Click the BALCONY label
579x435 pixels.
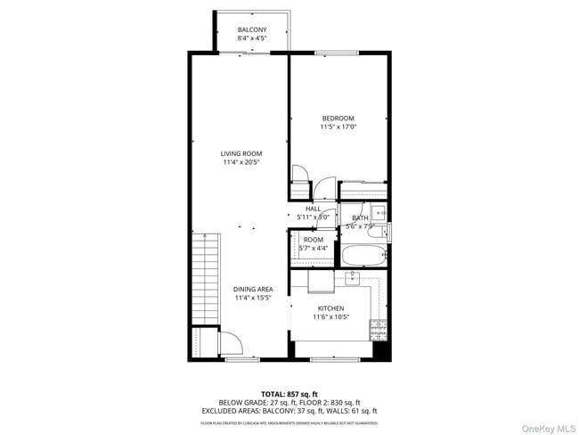pos(252,29)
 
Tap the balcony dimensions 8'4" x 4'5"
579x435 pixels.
pos(252,38)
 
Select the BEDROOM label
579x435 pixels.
pos(338,119)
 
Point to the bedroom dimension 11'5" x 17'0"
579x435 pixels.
pos(338,127)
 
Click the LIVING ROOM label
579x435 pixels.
pos(241,153)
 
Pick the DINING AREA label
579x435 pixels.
pos(253,289)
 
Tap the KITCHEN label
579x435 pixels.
pos(330,308)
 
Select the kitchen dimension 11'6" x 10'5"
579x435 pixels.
pos(330,316)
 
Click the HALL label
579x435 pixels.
pos(313,209)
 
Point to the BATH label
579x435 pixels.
pos(360,217)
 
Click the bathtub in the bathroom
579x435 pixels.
pos(363,256)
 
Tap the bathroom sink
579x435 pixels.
pos(379,212)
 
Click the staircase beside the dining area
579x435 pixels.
pos(204,276)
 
